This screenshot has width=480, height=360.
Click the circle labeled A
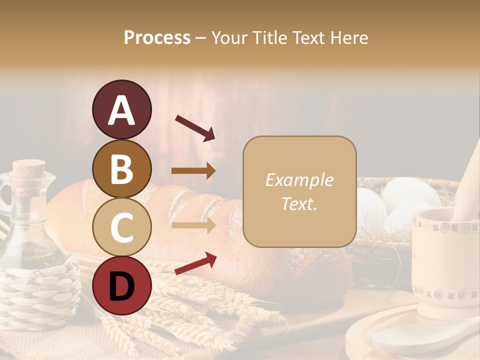(121, 110)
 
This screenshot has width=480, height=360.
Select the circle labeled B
(121, 169)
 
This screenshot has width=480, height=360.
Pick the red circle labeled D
(121, 285)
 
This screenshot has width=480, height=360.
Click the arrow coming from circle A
(194, 127)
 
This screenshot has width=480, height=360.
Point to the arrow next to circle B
(193, 171)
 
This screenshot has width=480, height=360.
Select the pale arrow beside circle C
(193, 225)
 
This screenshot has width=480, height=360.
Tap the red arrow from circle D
(195, 263)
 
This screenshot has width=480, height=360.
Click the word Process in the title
(157, 37)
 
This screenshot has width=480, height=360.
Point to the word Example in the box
(299, 180)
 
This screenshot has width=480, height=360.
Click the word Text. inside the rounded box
(299, 203)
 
